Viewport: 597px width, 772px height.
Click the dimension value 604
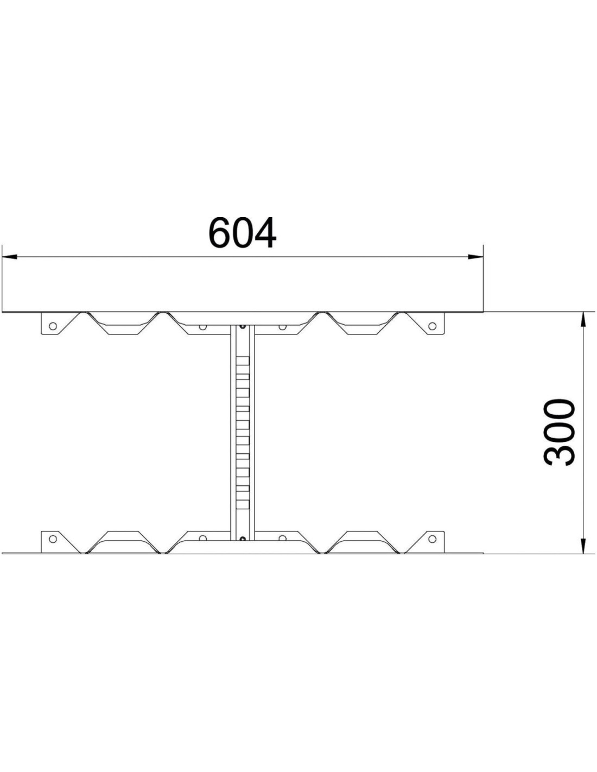click(x=242, y=233)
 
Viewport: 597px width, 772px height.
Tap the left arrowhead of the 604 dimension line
click(x=9, y=256)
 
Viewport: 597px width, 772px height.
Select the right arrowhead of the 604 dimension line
click(x=475, y=256)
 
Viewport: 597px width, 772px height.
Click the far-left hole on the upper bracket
click(x=53, y=326)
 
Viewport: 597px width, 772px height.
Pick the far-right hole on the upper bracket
click(x=432, y=326)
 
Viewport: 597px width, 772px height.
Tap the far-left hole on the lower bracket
click(x=53, y=539)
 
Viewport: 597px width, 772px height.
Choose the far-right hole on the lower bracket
click(x=432, y=539)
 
